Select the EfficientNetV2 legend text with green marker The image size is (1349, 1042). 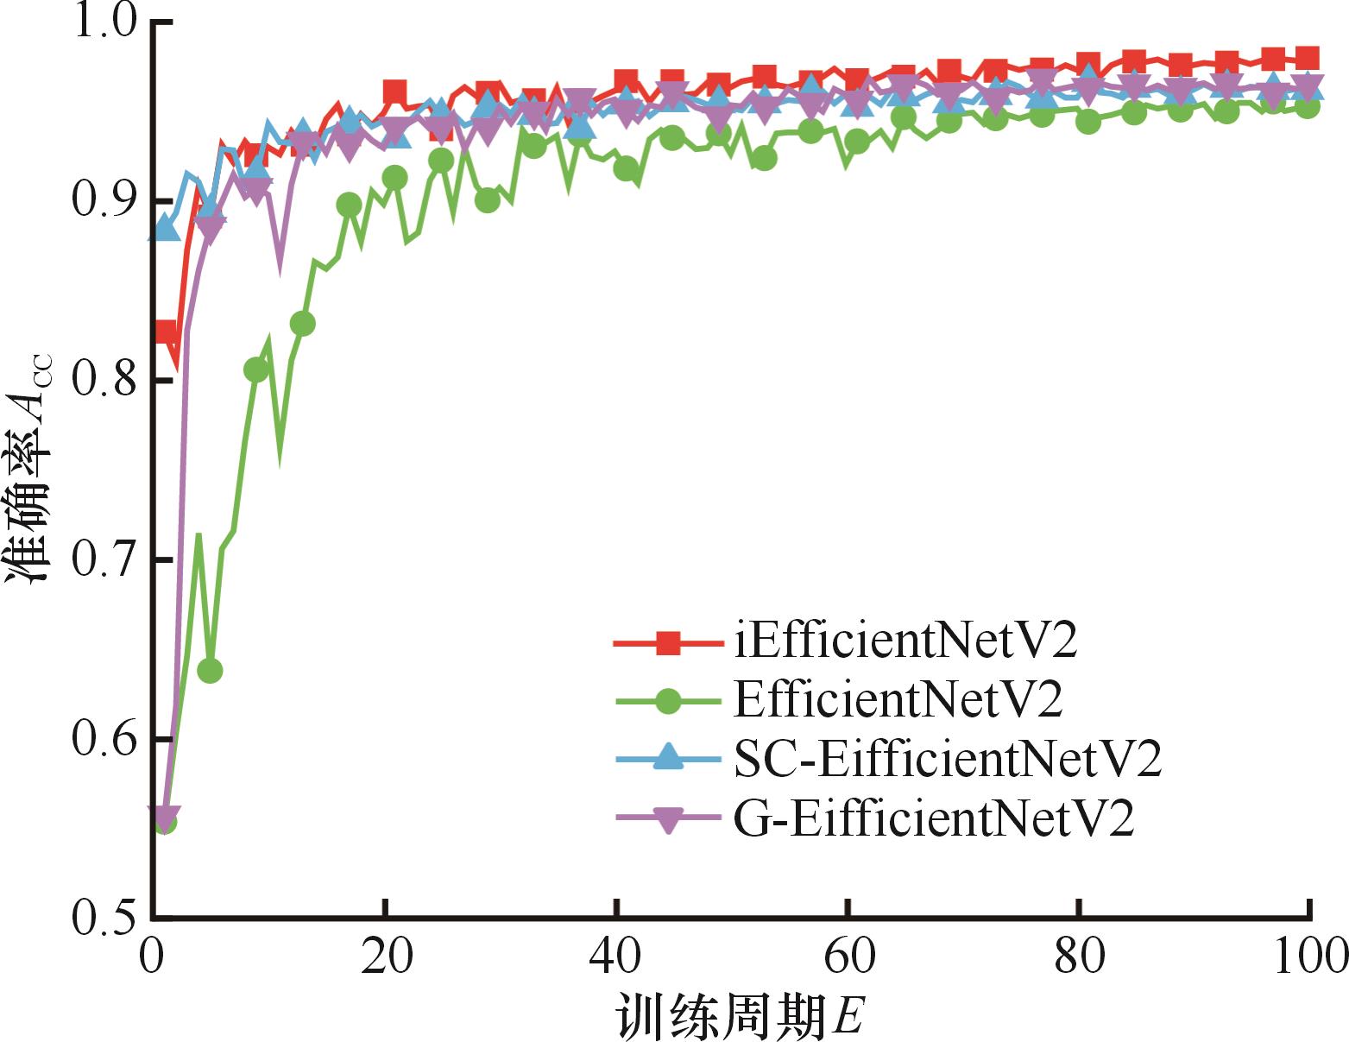[x=898, y=700]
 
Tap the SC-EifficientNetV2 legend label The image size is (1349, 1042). [x=948, y=759]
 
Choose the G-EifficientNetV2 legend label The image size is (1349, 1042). [x=934, y=818]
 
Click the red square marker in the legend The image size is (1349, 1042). [x=668, y=643]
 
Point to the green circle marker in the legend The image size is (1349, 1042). [x=668, y=701]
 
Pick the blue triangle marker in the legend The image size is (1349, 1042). [x=668, y=758]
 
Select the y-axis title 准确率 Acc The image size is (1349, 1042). [x=30, y=470]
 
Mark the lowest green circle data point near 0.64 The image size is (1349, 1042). [x=210, y=671]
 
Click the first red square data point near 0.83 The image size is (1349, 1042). [x=165, y=332]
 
